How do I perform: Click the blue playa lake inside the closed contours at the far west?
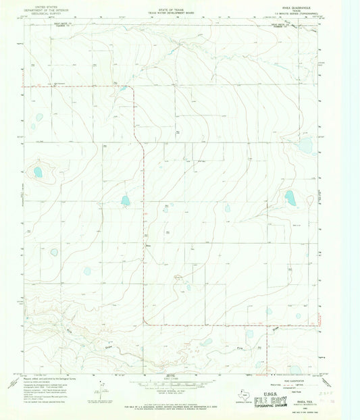(38, 172)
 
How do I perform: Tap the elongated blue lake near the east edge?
(290, 198)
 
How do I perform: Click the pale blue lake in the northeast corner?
(305, 146)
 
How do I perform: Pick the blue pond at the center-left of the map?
(125, 201)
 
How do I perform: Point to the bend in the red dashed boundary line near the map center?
(143, 145)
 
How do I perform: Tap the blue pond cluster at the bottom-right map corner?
(296, 369)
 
